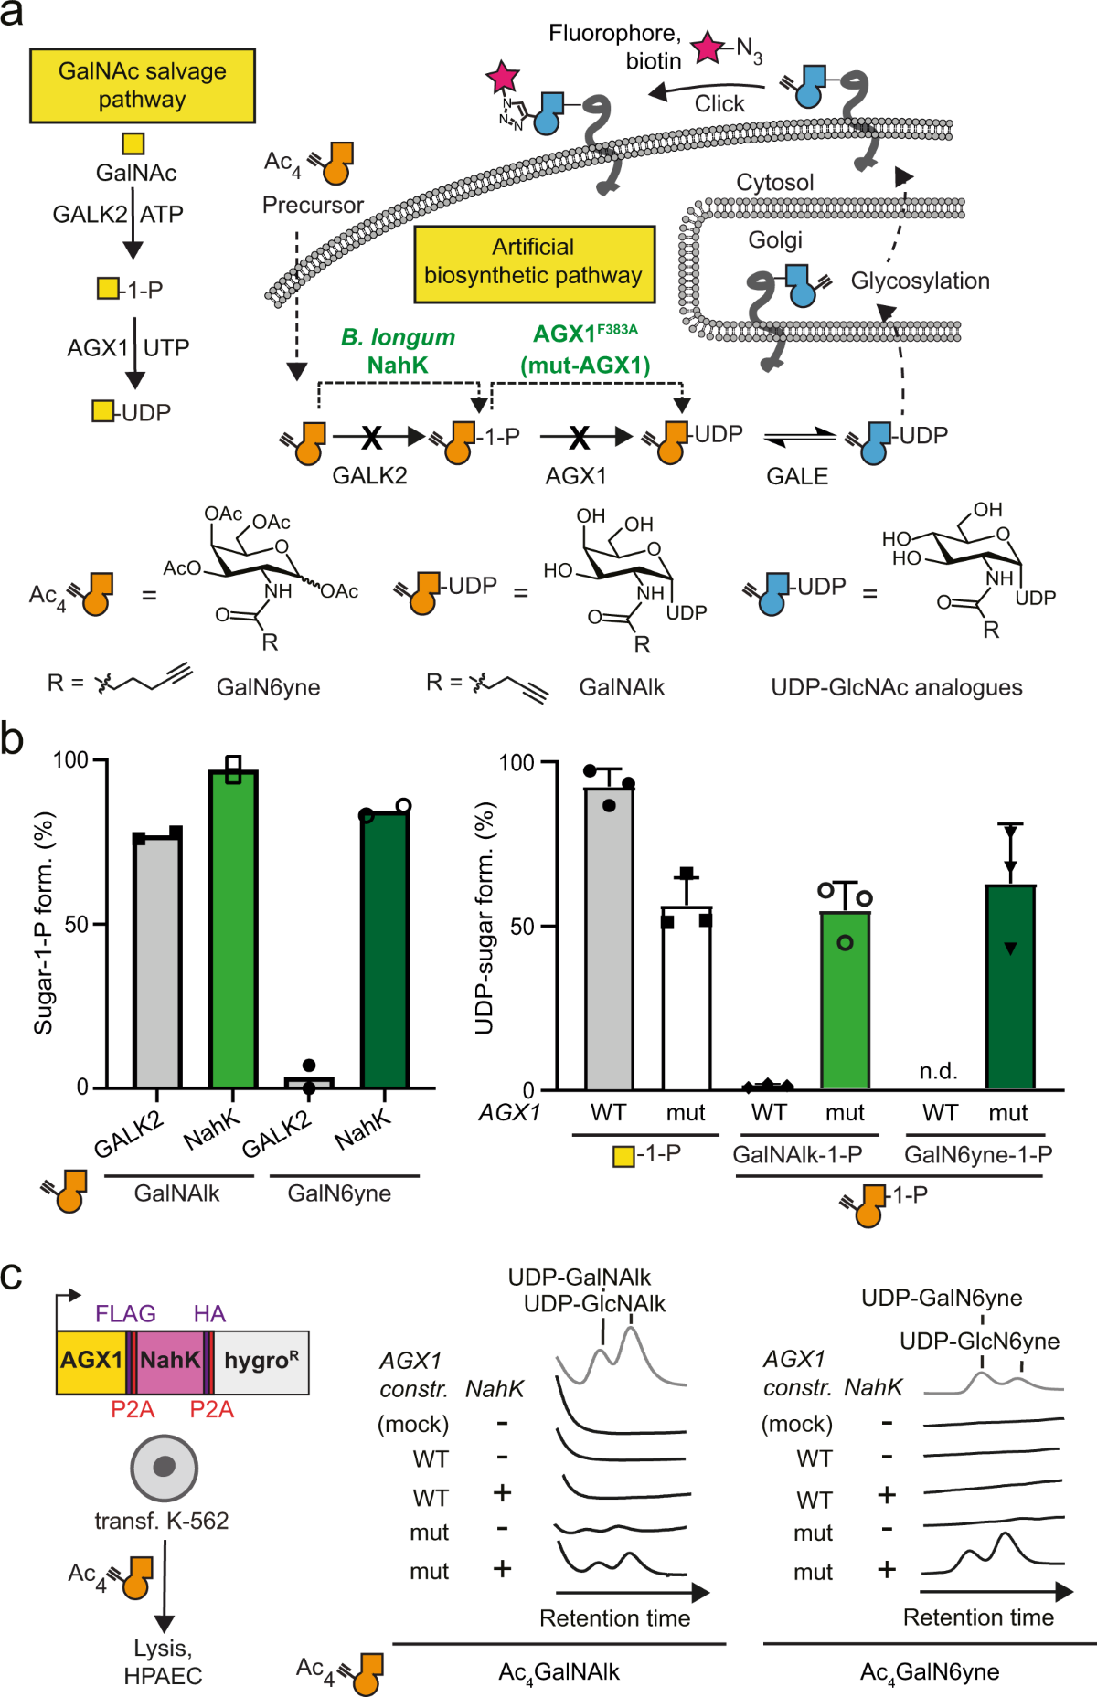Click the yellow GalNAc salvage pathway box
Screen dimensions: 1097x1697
(142, 85)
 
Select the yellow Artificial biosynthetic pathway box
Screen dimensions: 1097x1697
(534, 263)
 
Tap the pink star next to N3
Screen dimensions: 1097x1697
(708, 48)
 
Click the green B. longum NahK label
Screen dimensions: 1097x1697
(398, 351)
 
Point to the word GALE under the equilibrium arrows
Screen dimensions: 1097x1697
(797, 476)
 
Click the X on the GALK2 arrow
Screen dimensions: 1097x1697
(371, 439)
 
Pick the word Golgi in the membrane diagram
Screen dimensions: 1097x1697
(775, 240)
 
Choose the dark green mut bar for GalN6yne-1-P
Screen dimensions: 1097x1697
(1010, 987)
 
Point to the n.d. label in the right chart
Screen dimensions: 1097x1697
(939, 1070)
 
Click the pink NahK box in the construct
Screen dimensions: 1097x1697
(170, 1361)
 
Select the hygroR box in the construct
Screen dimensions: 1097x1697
(261, 1361)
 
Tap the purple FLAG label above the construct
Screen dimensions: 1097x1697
(125, 1313)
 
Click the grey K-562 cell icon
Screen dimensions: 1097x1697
(165, 1468)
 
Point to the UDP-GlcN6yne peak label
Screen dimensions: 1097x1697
(979, 1341)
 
